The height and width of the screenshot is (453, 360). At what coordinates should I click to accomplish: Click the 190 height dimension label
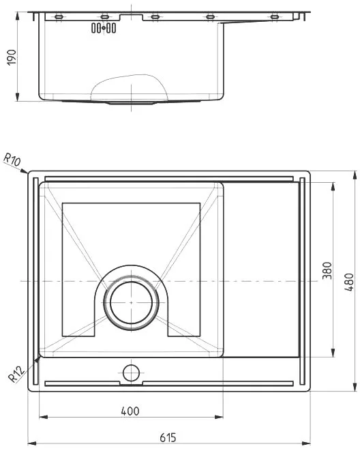pyautogui.click(x=12, y=57)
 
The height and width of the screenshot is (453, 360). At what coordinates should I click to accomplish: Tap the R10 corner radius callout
pyautogui.click(x=12, y=160)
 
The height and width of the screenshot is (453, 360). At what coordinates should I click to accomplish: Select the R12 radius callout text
pyautogui.click(x=16, y=374)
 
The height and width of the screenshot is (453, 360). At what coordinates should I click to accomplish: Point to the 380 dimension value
pyautogui.click(x=327, y=270)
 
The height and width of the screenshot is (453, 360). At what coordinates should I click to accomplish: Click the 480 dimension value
pyautogui.click(x=349, y=282)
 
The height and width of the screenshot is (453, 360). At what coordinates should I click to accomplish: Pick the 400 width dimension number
pyautogui.click(x=130, y=411)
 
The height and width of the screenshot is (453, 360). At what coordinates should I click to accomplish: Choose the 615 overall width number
pyautogui.click(x=168, y=438)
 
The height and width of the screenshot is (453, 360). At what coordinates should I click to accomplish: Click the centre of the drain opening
pyautogui.click(x=132, y=302)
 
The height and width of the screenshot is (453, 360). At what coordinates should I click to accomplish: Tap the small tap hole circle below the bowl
pyautogui.click(x=131, y=372)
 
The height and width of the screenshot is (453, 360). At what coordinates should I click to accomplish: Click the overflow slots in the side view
pyautogui.click(x=104, y=28)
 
